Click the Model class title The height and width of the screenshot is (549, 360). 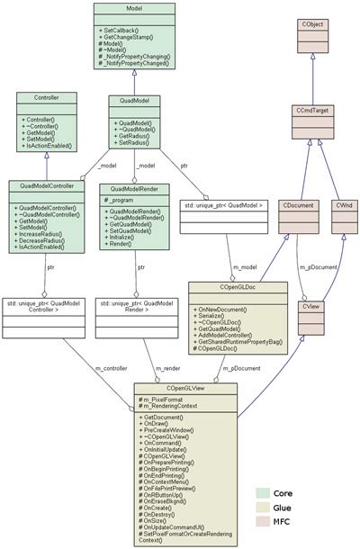(x=134, y=8)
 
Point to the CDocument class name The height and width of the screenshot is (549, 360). (x=298, y=206)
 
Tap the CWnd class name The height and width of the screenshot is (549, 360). (x=343, y=206)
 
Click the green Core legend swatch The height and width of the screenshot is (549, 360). (x=262, y=492)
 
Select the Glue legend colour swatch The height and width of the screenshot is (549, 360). (x=262, y=508)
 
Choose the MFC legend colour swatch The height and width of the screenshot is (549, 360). (x=262, y=525)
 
